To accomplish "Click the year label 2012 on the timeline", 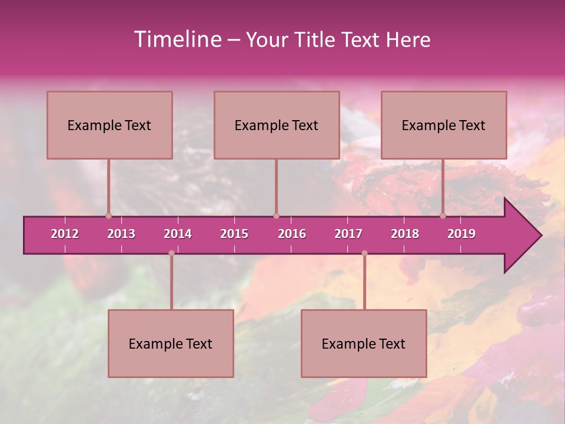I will (x=65, y=234).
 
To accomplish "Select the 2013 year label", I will (x=121, y=234).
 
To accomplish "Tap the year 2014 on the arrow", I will (x=178, y=234).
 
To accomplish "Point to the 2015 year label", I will (x=234, y=234).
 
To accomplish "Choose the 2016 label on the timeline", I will (x=292, y=234).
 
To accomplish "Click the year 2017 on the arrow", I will (x=348, y=234).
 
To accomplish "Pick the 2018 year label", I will (x=405, y=234).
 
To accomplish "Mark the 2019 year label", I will (x=461, y=234).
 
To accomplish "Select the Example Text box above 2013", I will (x=109, y=125).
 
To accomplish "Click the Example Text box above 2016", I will (x=277, y=125).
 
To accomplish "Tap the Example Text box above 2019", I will (x=444, y=125).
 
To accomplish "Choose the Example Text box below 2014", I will (x=171, y=343).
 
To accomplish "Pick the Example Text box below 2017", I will (x=364, y=343).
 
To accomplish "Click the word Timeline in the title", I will (x=177, y=39).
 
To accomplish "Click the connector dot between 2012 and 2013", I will (x=108, y=216).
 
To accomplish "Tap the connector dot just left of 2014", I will (x=171, y=253).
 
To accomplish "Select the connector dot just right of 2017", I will (x=364, y=253).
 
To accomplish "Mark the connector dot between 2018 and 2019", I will (x=443, y=216).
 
